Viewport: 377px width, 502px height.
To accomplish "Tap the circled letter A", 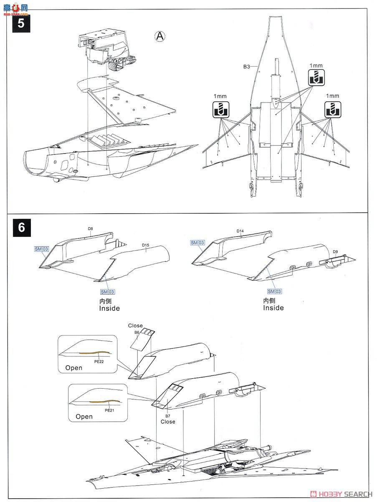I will click(159, 36).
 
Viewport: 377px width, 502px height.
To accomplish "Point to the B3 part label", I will click(247, 67).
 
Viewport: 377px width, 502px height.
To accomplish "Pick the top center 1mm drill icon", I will click(316, 78).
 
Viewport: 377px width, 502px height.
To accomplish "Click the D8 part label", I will click(90, 229).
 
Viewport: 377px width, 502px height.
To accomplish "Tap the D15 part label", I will click(145, 246).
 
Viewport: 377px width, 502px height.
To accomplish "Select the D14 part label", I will click(240, 231).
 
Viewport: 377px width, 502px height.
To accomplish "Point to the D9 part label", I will click(335, 252).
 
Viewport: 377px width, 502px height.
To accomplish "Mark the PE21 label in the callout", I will click(110, 410).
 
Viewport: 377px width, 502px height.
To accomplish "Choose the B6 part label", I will click(137, 333).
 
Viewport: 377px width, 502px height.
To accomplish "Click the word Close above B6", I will click(135, 325).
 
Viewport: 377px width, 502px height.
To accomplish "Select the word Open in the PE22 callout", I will click(74, 368).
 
